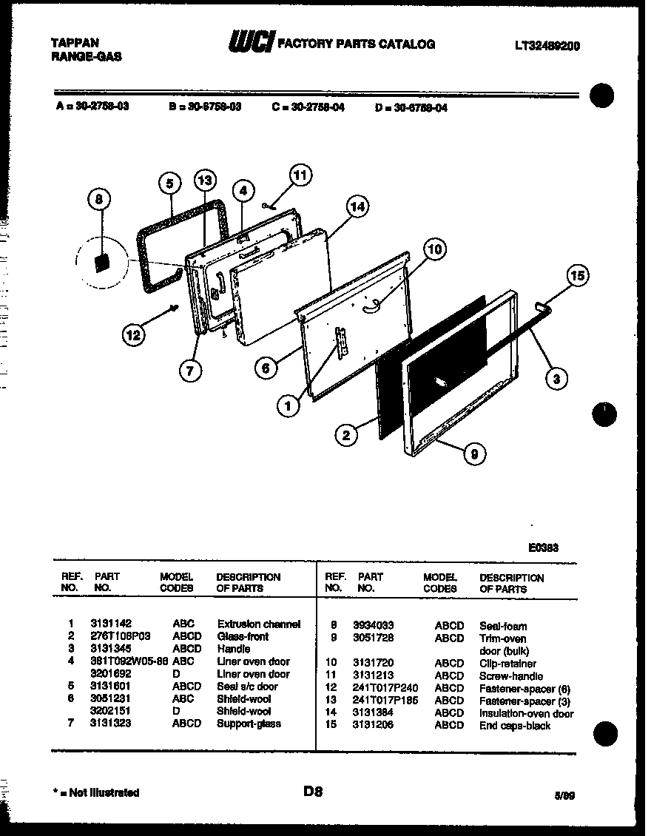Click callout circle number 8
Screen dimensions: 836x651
coord(100,200)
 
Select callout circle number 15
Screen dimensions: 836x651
coord(579,277)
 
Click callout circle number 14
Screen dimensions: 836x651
coord(357,208)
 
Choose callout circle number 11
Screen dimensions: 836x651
coord(300,175)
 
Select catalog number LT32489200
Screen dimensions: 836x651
coord(547,45)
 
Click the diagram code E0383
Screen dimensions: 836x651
coord(543,548)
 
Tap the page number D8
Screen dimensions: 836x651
coord(314,792)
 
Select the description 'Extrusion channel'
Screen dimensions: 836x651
coord(259,624)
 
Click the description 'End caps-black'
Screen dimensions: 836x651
coord(515,726)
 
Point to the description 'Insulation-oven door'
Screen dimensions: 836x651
coord(526,714)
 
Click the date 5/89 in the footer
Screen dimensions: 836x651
coord(564,796)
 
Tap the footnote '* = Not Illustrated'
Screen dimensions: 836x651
coord(97,792)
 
